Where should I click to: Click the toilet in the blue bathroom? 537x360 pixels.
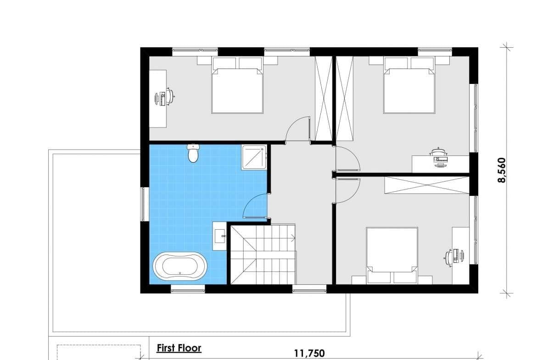[x=194, y=153]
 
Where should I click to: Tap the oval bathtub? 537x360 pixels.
[x=180, y=266]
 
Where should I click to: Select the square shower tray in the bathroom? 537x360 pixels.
[x=254, y=157]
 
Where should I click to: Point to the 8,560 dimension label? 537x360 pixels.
[x=501, y=170]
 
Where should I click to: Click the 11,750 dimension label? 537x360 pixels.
[x=309, y=353]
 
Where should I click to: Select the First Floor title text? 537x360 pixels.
[x=179, y=348]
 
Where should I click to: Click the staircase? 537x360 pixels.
[x=263, y=254]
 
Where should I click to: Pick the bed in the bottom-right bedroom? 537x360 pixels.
[x=392, y=255]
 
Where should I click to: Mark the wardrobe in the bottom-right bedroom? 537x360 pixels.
[x=427, y=185]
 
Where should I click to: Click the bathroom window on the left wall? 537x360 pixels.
[x=145, y=204]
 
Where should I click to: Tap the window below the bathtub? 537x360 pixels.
[x=188, y=290]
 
